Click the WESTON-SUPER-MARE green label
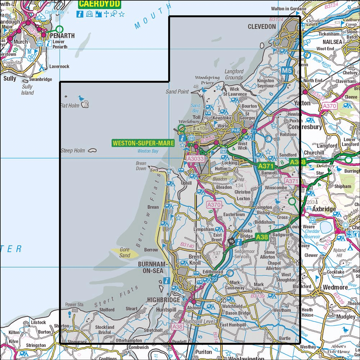[143, 143]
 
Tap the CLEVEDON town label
[262, 27]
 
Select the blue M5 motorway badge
[287, 71]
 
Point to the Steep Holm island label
[73, 150]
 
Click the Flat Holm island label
[69, 106]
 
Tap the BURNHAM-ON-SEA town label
[153, 268]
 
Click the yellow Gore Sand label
[125, 252]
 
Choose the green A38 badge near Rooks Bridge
[262, 237]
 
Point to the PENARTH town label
[62, 36]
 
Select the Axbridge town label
[324, 209]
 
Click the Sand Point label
[177, 92]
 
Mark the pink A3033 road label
[195, 158]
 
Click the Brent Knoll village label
[195, 260]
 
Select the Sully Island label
[27, 90]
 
